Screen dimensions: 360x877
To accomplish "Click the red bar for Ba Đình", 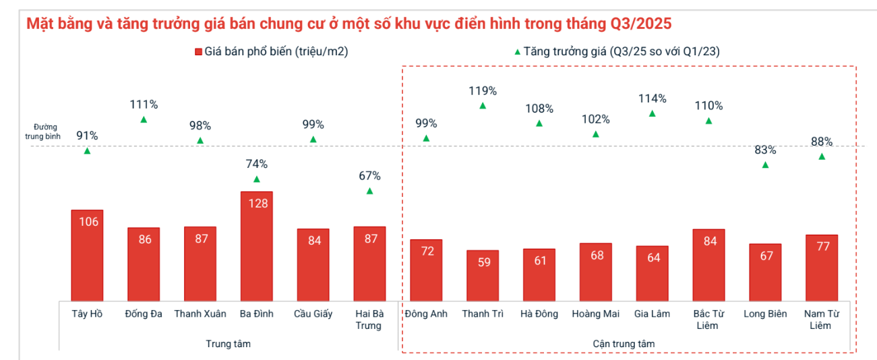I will (x=257, y=245).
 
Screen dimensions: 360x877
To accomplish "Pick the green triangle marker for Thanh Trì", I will (x=483, y=106).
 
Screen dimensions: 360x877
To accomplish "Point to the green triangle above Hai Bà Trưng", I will (x=369, y=191).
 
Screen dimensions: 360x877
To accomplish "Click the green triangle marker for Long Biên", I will (x=765, y=165).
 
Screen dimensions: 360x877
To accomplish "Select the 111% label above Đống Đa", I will (x=144, y=104).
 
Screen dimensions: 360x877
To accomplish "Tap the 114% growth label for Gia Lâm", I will (x=652, y=98).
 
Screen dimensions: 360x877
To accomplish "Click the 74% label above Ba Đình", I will (x=257, y=164).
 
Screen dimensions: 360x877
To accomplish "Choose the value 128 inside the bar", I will (x=257, y=203).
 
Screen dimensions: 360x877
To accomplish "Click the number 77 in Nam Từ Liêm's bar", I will (x=822, y=247).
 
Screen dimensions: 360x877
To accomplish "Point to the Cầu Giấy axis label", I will (x=313, y=313).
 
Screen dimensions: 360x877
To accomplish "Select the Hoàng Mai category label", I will (x=596, y=313).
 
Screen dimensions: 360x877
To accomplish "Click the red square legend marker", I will (x=198, y=52).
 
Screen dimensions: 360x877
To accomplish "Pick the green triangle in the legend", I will (x=516, y=52).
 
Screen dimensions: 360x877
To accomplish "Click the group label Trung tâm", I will (x=228, y=344).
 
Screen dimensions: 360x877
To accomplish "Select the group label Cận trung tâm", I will (x=624, y=344).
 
